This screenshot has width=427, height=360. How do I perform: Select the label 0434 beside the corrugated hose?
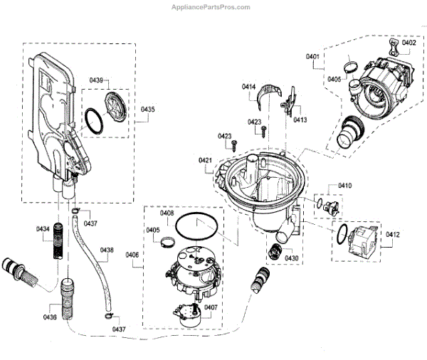point(43,228)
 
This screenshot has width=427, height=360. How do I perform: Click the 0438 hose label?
point(107,250)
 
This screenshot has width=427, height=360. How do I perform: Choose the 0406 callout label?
point(132,255)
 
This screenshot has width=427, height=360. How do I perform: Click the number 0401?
point(313,55)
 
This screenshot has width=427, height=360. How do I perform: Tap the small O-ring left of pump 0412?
point(343,232)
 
